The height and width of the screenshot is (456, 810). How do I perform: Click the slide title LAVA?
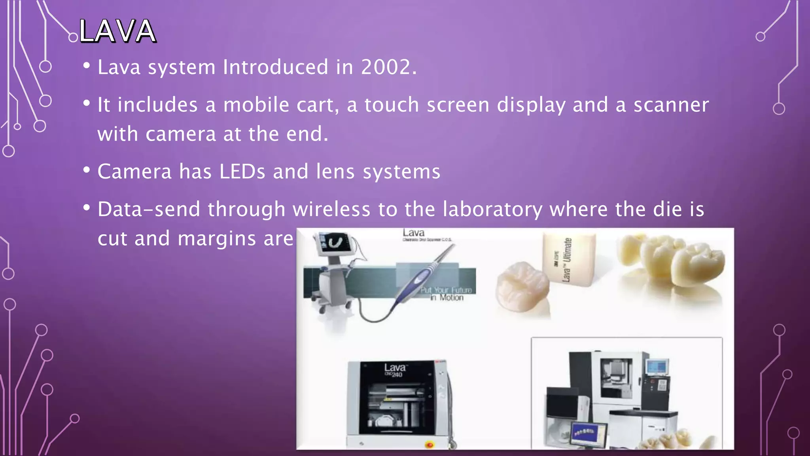coord(117,31)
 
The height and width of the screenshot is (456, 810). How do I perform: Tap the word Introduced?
coord(275,67)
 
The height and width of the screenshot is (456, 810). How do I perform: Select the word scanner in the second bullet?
coord(671,105)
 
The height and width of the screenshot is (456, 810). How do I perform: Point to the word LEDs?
coord(242,172)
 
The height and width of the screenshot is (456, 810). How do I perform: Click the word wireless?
coord(331,209)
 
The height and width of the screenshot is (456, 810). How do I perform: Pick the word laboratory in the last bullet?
coord(492,209)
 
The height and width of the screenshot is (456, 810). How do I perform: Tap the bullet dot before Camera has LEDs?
coord(87,170)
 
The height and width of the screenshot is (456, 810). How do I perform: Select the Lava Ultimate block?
coord(568,259)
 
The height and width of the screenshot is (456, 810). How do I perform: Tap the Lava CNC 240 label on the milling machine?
coord(394,370)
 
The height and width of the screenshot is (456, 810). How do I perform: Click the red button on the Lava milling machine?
coord(430,445)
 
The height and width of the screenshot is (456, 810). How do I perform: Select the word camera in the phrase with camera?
coord(180,134)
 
